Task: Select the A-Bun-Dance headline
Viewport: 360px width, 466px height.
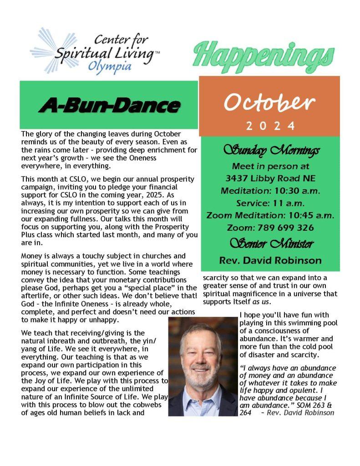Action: (109, 105)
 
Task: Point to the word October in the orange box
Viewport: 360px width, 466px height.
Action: (269, 103)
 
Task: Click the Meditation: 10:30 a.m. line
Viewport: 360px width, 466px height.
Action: (270, 191)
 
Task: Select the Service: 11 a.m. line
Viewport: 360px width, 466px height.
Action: (270, 203)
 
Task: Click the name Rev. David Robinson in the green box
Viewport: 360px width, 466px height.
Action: (270, 261)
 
